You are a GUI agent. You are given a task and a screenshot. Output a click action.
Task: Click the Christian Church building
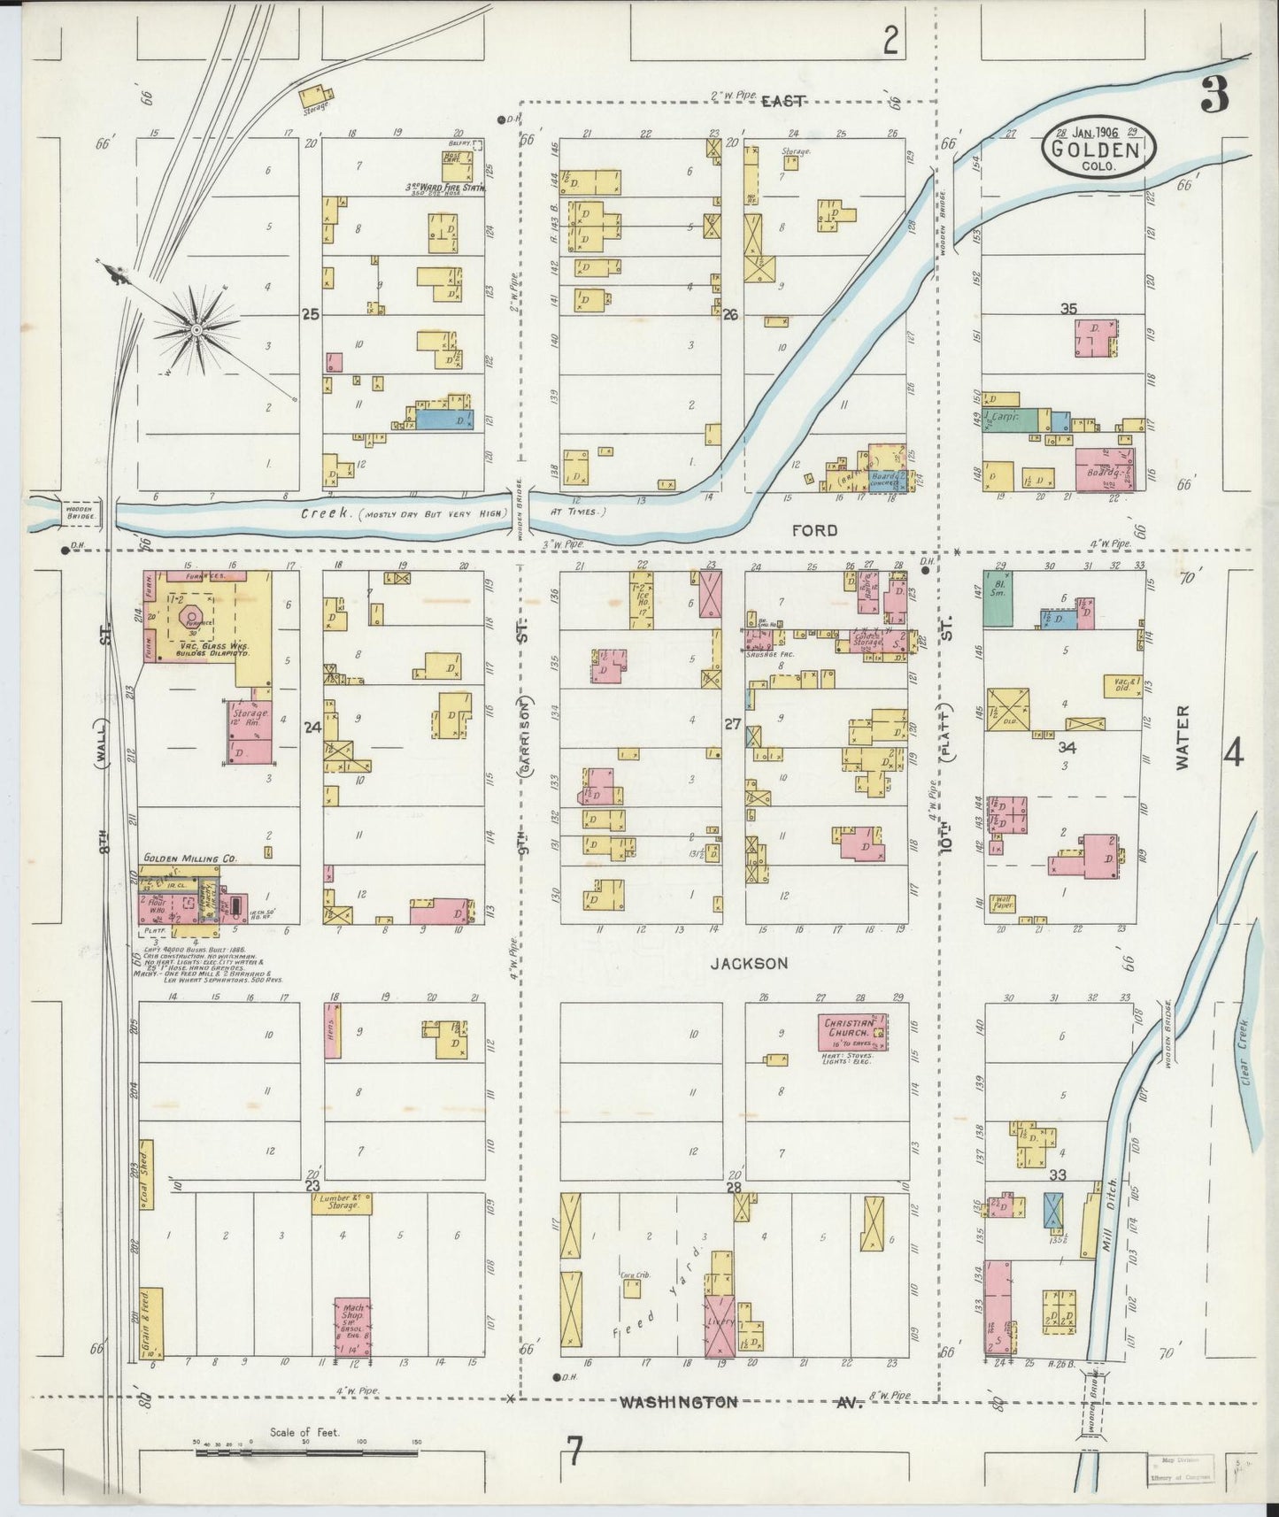pos(849,1032)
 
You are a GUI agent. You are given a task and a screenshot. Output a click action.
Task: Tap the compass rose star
pos(196,330)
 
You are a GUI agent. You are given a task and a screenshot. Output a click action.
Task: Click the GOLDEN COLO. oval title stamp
pos(1094,149)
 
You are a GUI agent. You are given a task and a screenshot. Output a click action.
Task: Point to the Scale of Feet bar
pos(305,1452)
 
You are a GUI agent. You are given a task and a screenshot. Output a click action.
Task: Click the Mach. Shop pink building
pos(352,1327)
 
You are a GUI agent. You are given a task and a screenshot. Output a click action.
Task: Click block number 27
pos(731,723)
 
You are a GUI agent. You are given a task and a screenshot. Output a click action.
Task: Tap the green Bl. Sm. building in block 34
pos(999,599)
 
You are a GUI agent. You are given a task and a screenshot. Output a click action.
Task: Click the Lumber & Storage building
pos(342,1203)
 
